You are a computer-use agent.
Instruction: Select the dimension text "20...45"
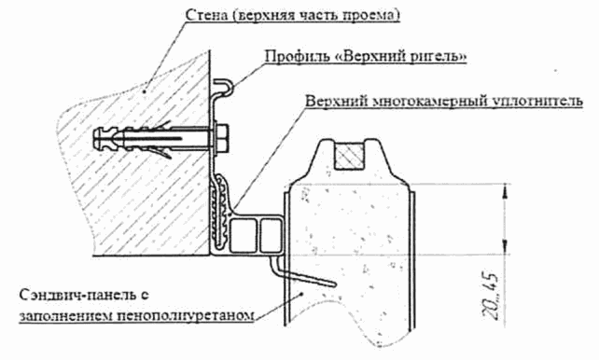pyautogui.click(x=491, y=296)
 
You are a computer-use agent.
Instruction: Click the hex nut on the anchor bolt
pyautogui.click(x=223, y=139)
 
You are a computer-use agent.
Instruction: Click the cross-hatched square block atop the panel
pyautogui.click(x=350, y=156)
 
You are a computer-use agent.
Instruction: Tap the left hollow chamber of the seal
pyautogui.click(x=243, y=235)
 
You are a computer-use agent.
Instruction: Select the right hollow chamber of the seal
pyautogui.click(x=272, y=235)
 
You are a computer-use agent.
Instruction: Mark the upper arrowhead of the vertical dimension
pyautogui.click(x=506, y=191)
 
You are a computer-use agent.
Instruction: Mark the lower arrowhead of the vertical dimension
pyautogui.click(x=506, y=246)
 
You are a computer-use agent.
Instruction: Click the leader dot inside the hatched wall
pyautogui.click(x=145, y=90)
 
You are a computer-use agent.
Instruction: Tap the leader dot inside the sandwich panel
pyautogui.click(x=302, y=293)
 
